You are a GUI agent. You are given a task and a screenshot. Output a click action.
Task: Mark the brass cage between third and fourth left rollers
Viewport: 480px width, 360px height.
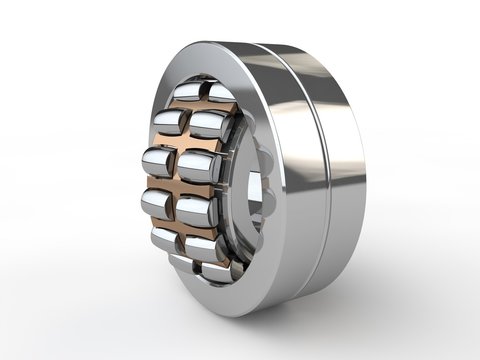tap(160, 184)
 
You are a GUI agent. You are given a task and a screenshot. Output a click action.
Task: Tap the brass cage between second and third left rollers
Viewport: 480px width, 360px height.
tap(164, 143)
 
